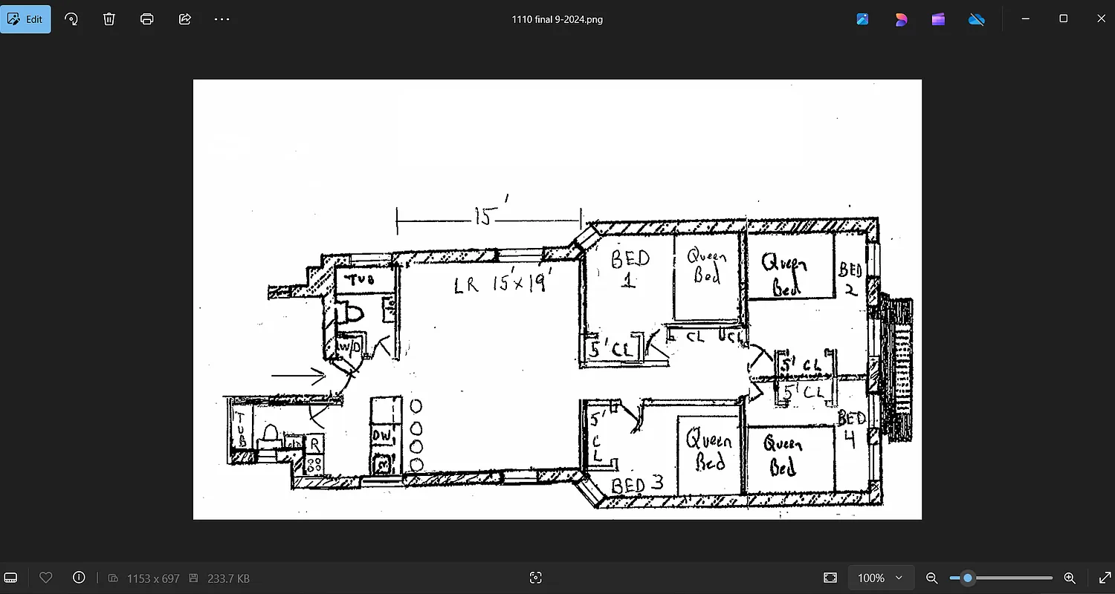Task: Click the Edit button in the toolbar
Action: (26, 19)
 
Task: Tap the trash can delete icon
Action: (109, 19)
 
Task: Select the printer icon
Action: (147, 19)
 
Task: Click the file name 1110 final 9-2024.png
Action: (557, 19)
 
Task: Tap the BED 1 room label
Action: (630, 268)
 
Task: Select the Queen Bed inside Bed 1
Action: (706, 266)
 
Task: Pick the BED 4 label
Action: (850, 429)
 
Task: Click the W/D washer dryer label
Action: (349, 347)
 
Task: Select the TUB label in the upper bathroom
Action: (360, 280)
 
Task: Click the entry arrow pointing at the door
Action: (298, 376)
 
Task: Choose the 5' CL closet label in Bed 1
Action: (611, 349)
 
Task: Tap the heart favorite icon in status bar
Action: (45, 578)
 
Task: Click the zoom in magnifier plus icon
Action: (1070, 578)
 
